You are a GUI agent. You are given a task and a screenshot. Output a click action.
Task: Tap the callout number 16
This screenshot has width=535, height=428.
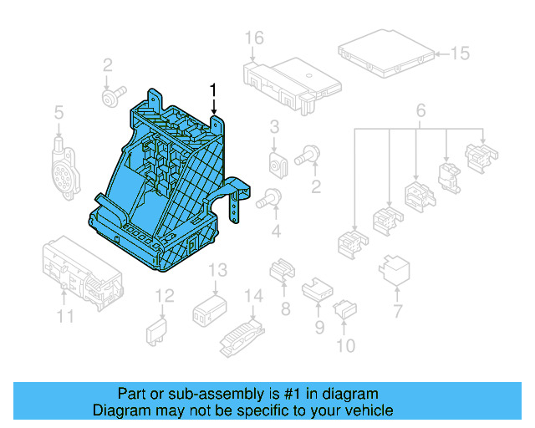click(254, 38)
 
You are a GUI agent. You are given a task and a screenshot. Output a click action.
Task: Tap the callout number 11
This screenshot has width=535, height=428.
click(65, 316)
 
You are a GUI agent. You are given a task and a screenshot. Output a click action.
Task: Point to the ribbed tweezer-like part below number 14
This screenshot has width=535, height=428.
click(237, 334)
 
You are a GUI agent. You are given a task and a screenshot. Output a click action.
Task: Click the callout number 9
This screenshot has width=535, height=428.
click(319, 328)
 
